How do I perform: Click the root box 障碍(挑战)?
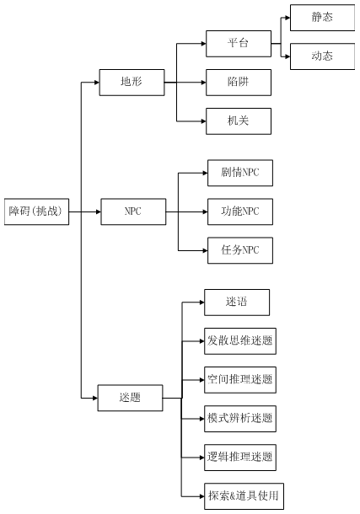pyautogui.click(x=35, y=211)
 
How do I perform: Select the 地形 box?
pyautogui.click(x=132, y=83)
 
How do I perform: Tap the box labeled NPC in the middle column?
pyautogui.click(x=132, y=211)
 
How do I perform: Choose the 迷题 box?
pyautogui.click(x=130, y=397)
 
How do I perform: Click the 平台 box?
pyautogui.click(x=239, y=43)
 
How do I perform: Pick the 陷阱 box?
pyautogui.click(x=239, y=83)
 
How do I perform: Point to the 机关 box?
pyautogui.click(x=239, y=121)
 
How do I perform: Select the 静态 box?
pyautogui.click(x=321, y=17)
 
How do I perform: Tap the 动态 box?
pyautogui.click(x=321, y=56)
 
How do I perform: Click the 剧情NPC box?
pyautogui.click(x=240, y=172)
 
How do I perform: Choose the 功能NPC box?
pyautogui.click(x=240, y=211)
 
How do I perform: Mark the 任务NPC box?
pyautogui.click(x=240, y=249)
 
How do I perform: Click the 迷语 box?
pyautogui.click(x=237, y=302)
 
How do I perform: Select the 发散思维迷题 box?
pyautogui.click(x=240, y=340)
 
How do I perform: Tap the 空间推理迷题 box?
pyautogui.click(x=240, y=379)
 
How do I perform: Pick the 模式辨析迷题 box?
pyautogui.click(x=240, y=418)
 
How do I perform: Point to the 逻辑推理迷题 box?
pyautogui.click(x=240, y=457)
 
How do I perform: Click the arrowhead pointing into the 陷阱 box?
pyautogui.click(x=201, y=83)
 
